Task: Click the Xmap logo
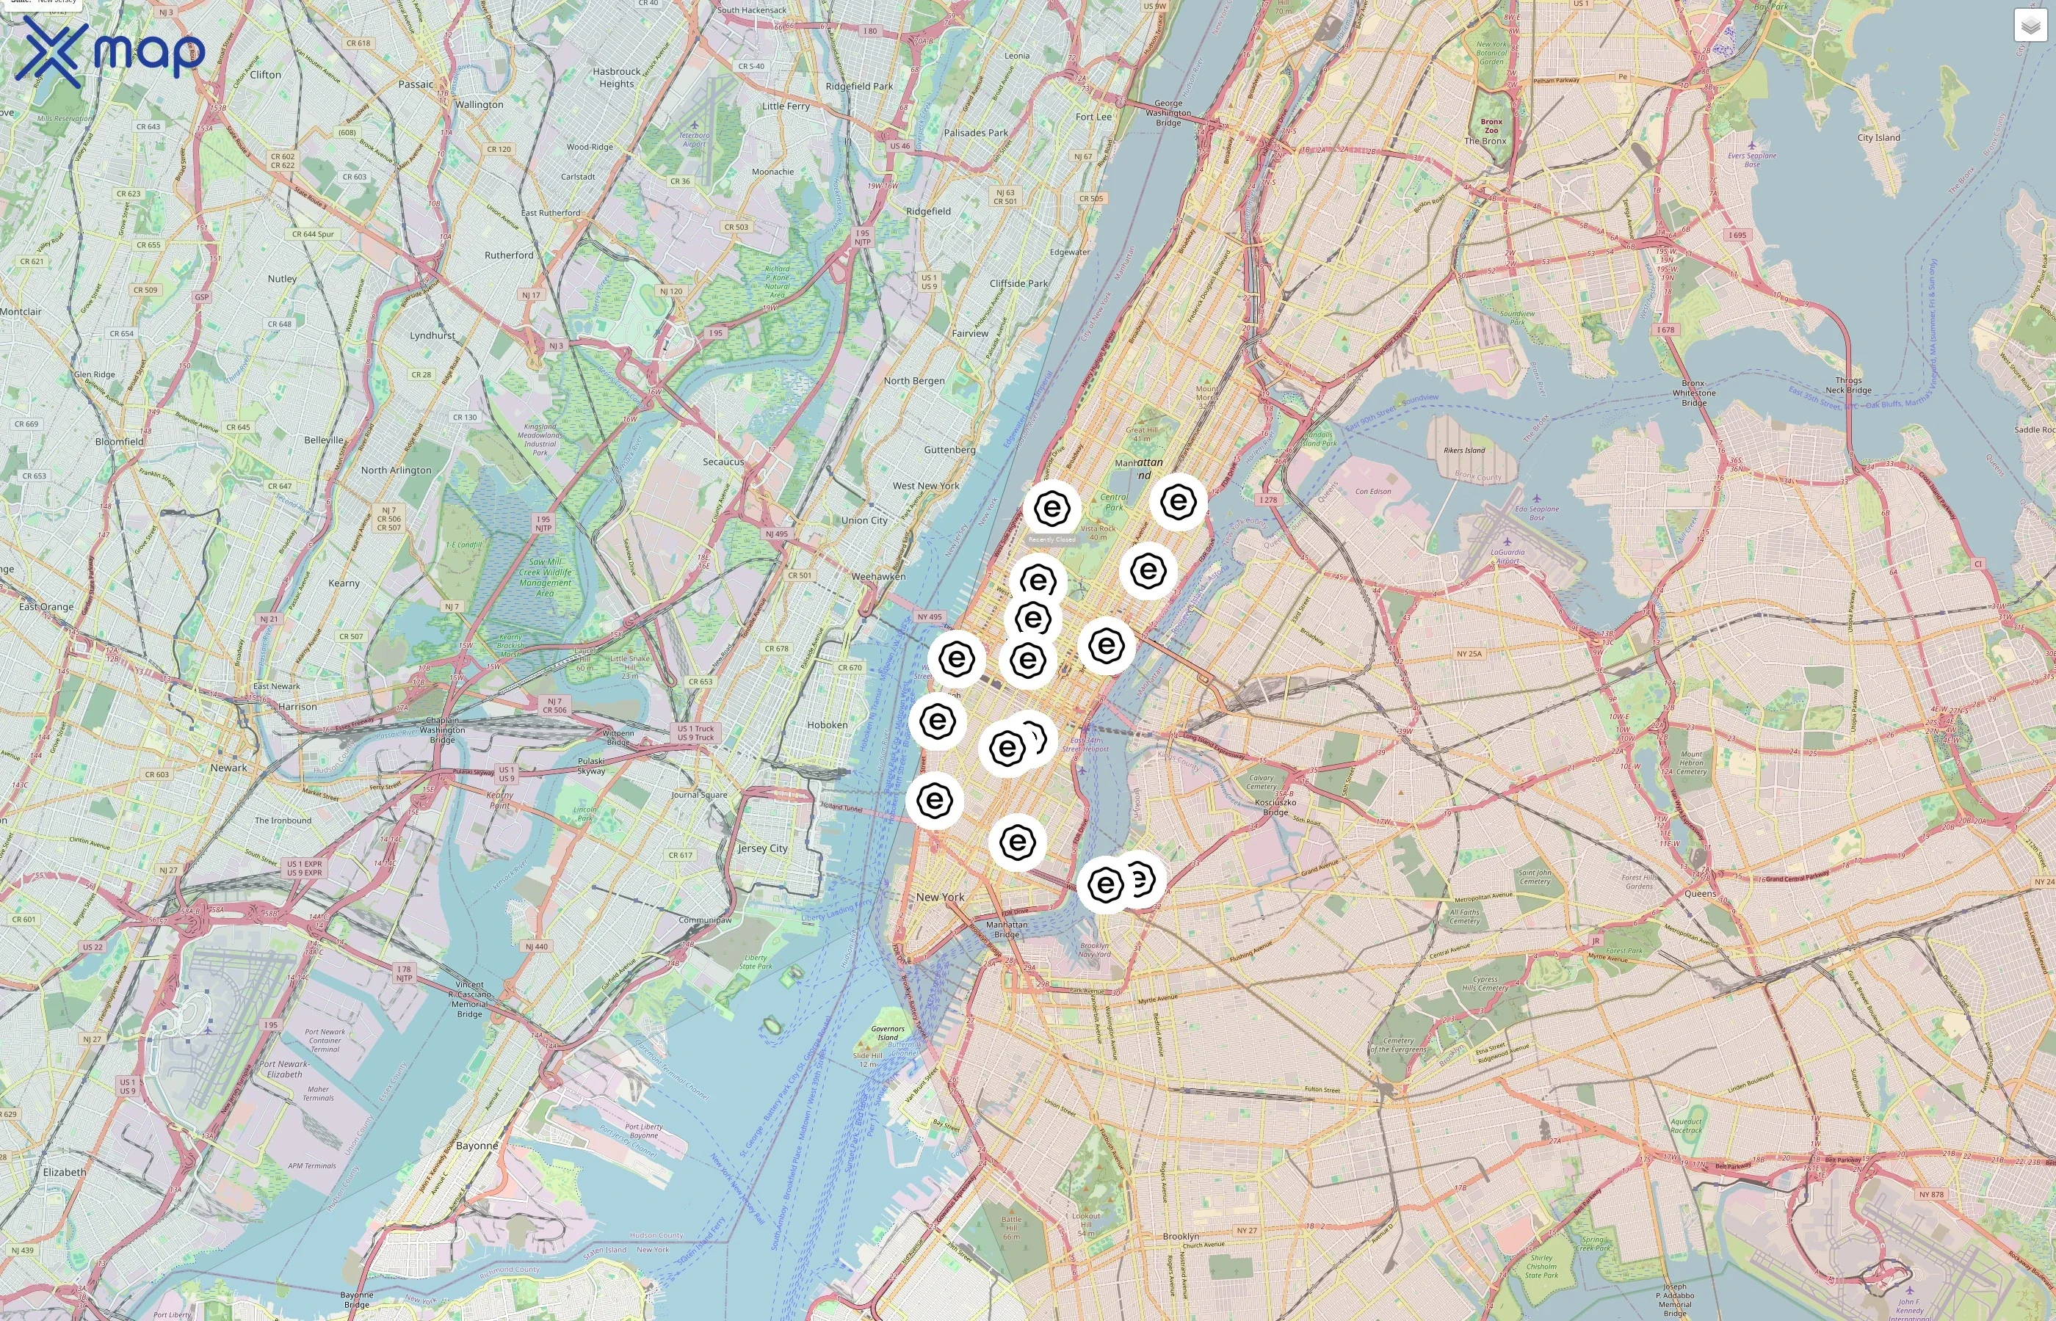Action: (109, 51)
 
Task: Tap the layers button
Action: (2030, 26)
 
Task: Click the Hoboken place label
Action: (828, 725)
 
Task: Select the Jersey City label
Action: (763, 848)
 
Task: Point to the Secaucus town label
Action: (723, 462)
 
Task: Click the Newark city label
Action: (228, 768)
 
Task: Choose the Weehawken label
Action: (877, 576)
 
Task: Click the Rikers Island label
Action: (1464, 451)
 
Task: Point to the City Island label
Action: (1878, 137)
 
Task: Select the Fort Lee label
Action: (1093, 117)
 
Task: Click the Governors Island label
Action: (887, 1033)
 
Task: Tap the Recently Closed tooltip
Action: (1052, 539)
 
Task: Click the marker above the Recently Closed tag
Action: (1052, 508)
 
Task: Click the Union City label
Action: (864, 520)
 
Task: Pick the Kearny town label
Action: (344, 583)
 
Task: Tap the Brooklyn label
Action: (1181, 1236)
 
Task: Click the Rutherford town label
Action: (509, 255)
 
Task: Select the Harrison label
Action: (298, 707)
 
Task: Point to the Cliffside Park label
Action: (1018, 283)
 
